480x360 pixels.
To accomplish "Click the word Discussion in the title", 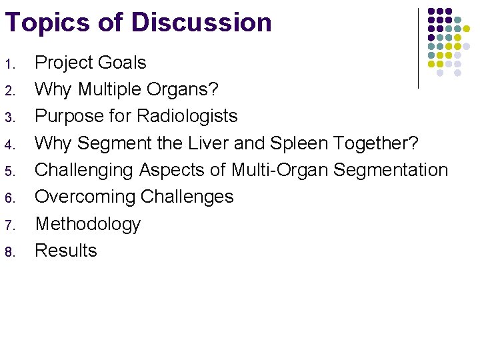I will pyautogui.click(x=201, y=22).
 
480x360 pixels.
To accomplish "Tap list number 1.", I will pyautogui.click(x=9, y=64).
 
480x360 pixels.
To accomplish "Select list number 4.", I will pyautogui.click(x=9, y=144).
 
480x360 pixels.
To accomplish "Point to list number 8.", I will pyautogui.click(x=9, y=252).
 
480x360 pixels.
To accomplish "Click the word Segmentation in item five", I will pyautogui.click(x=391, y=170).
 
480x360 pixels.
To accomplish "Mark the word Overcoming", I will pyautogui.click(x=83, y=197).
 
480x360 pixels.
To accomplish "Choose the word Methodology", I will pyautogui.click(x=87, y=224).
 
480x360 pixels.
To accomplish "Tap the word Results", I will pyautogui.click(x=66, y=251).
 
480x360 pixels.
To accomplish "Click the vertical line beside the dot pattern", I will pyautogui.click(x=418, y=48).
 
